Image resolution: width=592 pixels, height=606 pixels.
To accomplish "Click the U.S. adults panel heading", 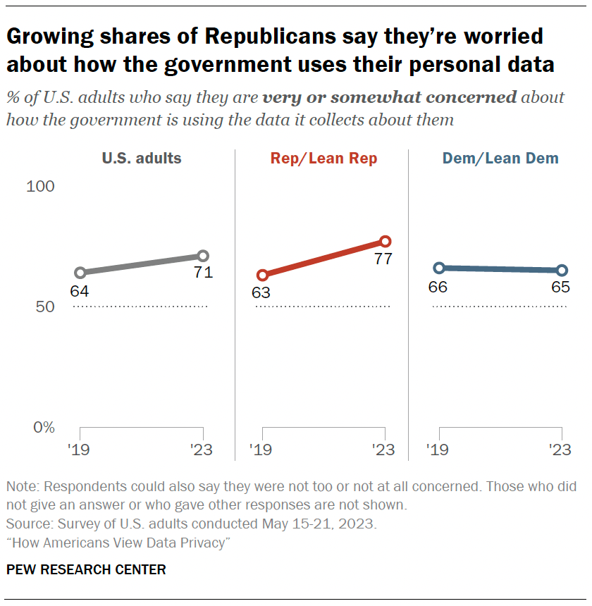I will click(x=142, y=159).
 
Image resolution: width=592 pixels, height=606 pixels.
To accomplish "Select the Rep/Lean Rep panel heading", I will click(x=323, y=159).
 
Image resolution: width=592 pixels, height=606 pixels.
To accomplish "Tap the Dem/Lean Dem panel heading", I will click(x=500, y=159).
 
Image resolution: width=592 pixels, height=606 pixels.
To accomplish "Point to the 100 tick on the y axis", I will click(x=40, y=187).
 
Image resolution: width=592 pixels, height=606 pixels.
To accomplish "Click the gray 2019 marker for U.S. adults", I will click(x=80, y=273).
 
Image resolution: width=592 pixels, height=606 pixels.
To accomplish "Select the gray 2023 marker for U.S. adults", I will click(x=203, y=256).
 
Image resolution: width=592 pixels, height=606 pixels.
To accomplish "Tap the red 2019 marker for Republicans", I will click(x=262, y=275).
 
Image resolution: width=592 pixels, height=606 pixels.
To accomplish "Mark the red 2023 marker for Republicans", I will click(x=385, y=242).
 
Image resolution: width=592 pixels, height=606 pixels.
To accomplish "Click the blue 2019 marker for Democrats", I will click(x=439, y=268).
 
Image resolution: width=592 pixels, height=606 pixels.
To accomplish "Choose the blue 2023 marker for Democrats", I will click(x=562, y=271).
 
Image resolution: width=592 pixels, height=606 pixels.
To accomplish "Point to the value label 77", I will click(x=383, y=259).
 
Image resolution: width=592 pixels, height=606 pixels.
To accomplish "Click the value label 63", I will click(x=261, y=292).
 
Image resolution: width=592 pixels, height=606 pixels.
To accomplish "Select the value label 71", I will click(x=204, y=273).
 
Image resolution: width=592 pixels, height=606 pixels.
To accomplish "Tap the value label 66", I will click(x=438, y=287).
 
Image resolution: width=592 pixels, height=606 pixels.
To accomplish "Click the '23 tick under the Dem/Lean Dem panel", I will click(x=560, y=450).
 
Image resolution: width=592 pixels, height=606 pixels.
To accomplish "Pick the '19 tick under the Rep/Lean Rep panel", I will click(x=260, y=450).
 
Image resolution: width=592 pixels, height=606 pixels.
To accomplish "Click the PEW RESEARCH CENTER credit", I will click(x=86, y=569).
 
